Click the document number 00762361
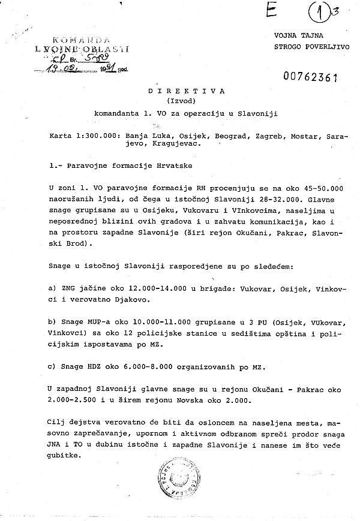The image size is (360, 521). (310, 77)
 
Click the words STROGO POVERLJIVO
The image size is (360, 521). (307, 45)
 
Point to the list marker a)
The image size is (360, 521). (52, 288)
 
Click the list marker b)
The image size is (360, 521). (52, 323)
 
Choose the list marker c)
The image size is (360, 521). (52, 365)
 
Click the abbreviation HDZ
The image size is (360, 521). (106, 365)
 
